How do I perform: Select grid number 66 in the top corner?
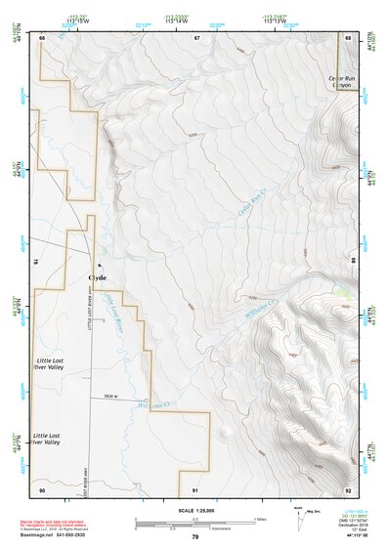pyautogui.click(x=43, y=37)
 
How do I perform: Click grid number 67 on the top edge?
pyautogui.click(x=196, y=37)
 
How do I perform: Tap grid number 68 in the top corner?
pyautogui.click(x=349, y=37)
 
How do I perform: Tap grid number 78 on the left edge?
pyautogui.click(x=36, y=262)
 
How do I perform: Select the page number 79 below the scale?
pyautogui.click(x=194, y=537)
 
